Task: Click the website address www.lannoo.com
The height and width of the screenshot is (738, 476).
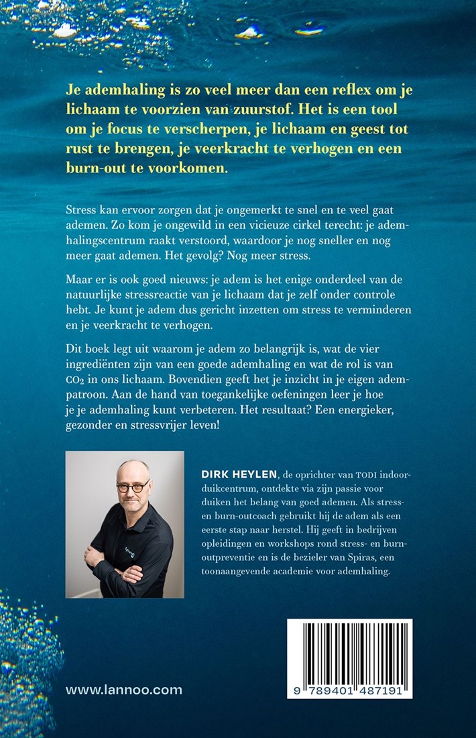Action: pos(124,690)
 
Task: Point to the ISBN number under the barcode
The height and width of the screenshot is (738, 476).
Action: pos(349,689)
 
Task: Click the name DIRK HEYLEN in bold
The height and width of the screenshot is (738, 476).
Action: pos(234,473)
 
